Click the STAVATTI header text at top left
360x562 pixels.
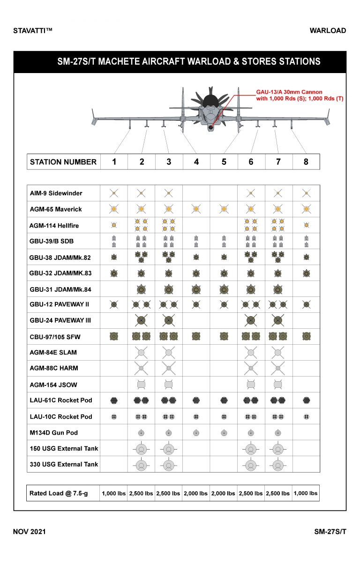pyautogui.click(x=33, y=31)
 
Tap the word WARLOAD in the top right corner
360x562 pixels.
pyautogui.click(x=328, y=31)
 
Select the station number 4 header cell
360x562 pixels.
pyautogui.click(x=196, y=162)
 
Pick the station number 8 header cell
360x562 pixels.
pyautogui.click(x=306, y=162)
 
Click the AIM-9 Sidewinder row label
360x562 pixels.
pyautogui.click(x=56, y=193)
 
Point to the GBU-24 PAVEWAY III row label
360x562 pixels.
pyautogui.click(x=60, y=320)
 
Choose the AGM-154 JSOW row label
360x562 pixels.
pyautogui.click(x=53, y=385)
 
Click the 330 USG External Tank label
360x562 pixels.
pyautogui.click(x=64, y=464)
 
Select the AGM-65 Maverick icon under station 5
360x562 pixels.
pyautogui.click(x=224, y=208)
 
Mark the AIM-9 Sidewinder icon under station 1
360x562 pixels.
pyautogui.click(x=113, y=192)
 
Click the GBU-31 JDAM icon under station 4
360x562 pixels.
pyautogui.click(x=196, y=289)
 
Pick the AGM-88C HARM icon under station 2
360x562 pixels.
pyautogui.click(x=141, y=369)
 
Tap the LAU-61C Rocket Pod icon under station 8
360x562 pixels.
pyautogui.click(x=306, y=400)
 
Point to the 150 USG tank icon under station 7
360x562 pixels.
pyautogui.click(x=278, y=449)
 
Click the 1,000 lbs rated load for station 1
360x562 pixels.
pyautogui.click(x=114, y=493)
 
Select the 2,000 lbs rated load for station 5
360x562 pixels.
pyautogui.click(x=224, y=493)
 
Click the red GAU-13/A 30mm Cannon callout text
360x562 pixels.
pyautogui.click(x=289, y=95)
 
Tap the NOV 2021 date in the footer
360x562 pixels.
pyautogui.click(x=30, y=532)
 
